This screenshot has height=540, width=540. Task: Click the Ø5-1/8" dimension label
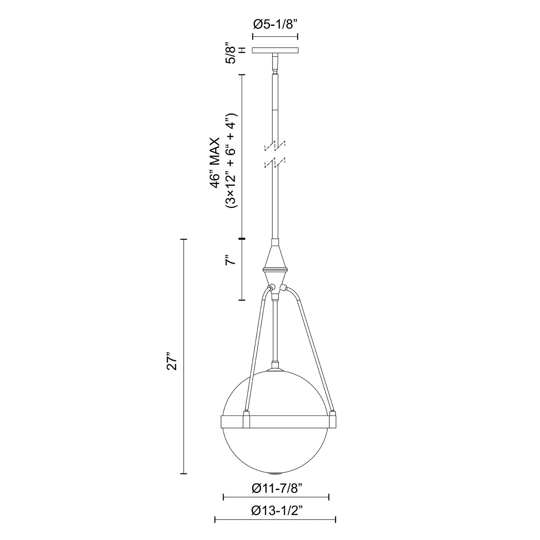(x=275, y=25)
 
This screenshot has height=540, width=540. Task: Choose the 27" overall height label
(x=172, y=360)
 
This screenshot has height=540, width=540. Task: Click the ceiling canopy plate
(x=275, y=50)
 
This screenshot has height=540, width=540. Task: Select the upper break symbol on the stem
(x=275, y=146)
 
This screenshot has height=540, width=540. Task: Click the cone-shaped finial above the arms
(x=275, y=258)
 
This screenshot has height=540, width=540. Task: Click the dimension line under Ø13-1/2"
(x=275, y=519)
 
